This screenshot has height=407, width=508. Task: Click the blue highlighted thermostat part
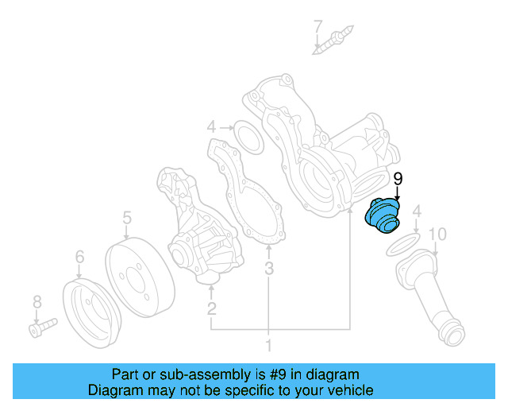click(x=383, y=216)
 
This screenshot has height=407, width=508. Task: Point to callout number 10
click(x=437, y=234)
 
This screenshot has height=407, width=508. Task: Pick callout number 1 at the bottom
click(x=268, y=346)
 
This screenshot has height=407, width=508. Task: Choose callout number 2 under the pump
click(x=212, y=308)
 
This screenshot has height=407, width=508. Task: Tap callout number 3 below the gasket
click(x=269, y=269)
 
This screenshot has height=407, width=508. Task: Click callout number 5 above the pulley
click(x=126, y=217)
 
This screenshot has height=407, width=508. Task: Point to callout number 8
click(x=36, y=301)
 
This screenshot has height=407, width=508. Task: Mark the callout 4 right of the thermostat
click(x=416, y=211)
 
